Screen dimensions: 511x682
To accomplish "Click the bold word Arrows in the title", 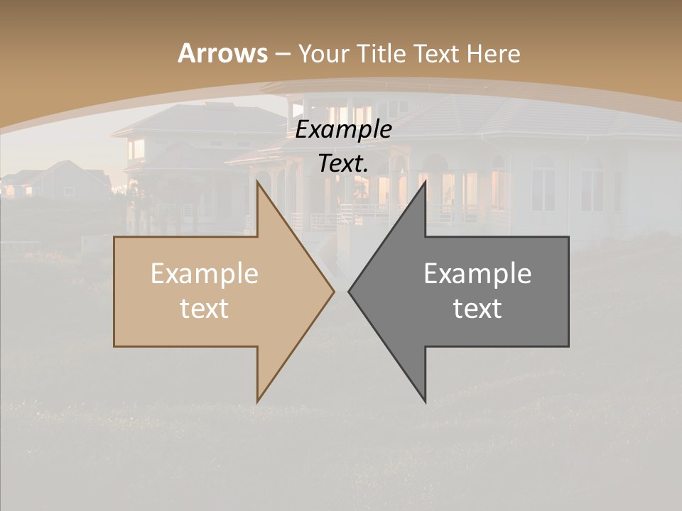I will (x=222, y=53).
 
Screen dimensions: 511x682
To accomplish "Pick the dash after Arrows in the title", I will (x=282, y=54).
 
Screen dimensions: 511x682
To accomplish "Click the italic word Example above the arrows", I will (x=343, y=130).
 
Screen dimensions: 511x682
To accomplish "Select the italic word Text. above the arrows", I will (x=343, y=163).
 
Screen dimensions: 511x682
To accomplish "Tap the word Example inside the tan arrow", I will (x=205, y=273).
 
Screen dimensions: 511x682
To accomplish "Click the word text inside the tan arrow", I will (x=205, y=308).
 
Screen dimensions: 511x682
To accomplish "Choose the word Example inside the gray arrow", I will (x=477, y=273).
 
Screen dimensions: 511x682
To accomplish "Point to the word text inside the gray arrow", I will (x=477, y=308).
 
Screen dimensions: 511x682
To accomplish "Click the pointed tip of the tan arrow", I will (x=333, y=291).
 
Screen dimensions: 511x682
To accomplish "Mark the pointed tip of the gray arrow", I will (x=350, y=291).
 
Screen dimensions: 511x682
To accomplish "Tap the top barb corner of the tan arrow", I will (x=258, y=182).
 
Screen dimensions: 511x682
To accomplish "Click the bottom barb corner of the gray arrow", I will (x=425, y=401).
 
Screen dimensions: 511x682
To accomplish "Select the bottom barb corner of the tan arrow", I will (x=258, y=401).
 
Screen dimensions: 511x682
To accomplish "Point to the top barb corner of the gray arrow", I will (x=425, y=182).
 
